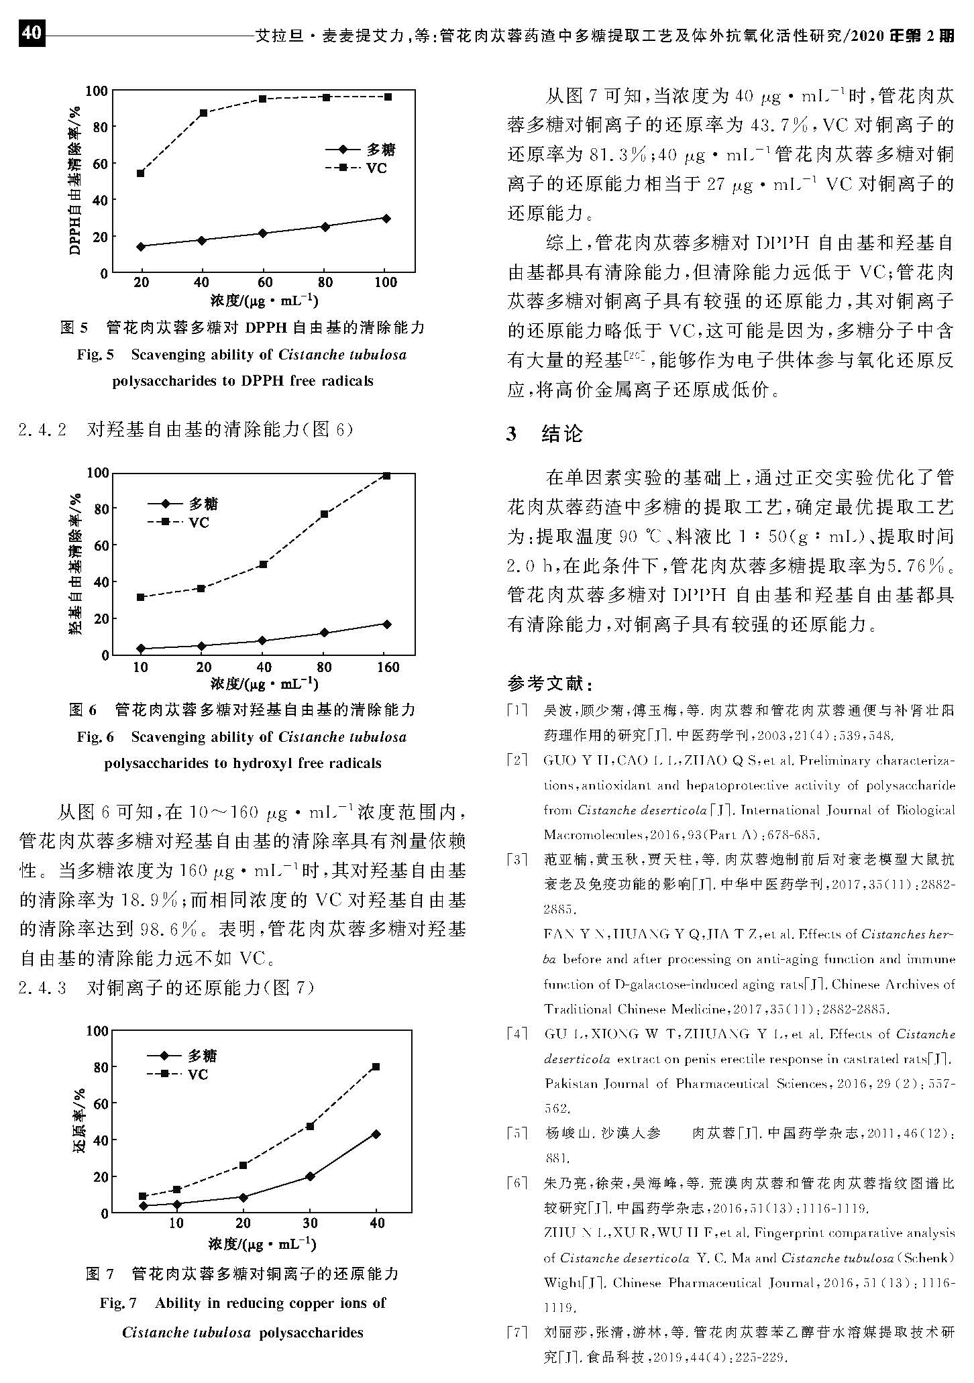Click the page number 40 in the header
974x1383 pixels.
pyautogui.click(x=32, y=34)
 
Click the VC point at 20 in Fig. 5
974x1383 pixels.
pyautogui.click(x=141, y=173)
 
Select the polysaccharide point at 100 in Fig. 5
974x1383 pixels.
pyautogui.click(x=386, y=218)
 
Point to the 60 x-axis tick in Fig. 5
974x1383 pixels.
pyautogui.click(x=264, y=282)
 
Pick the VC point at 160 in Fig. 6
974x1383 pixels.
pyautogui.click(x=386, y=476)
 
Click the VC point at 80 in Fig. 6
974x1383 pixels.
pyautogui.click(x=324, y=514)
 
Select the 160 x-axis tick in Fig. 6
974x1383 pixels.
pyautogui.click(x=386, y=667)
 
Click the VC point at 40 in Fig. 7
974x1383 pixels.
pyautogui.click(x=376, y=1066)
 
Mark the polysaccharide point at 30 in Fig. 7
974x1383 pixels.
pyautogui.click(x=310, y=1176)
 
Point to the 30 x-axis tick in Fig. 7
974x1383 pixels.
pyautogui.click(x=310, y=1223)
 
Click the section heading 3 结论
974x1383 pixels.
pyautogui.click(x=544, y=434)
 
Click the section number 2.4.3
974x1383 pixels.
pyautogui.click(x=43, y=988)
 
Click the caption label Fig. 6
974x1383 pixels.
pyautogui.click(x=95, y=737)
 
